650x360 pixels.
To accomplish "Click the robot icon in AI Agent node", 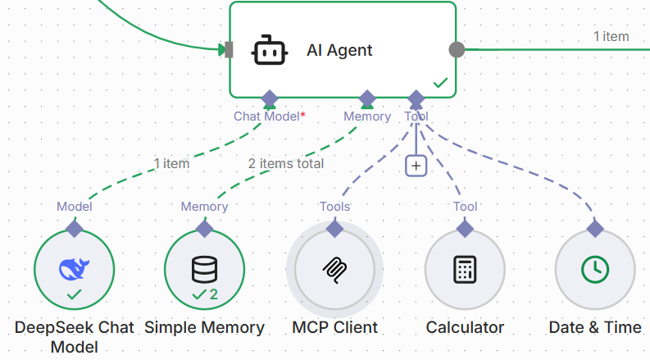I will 270,50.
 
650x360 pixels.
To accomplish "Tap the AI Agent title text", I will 339,50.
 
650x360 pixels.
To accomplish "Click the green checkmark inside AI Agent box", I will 440,83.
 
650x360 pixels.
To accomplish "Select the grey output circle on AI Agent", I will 457,49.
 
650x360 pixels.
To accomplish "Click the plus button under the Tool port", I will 416,166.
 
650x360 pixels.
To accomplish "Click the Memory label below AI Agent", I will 366,116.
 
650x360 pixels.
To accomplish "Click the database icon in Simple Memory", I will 204,267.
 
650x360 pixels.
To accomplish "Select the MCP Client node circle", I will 334,269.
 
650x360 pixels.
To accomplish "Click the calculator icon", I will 465,269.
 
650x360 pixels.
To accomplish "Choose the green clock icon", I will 594,269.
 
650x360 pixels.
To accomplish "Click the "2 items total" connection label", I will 286,163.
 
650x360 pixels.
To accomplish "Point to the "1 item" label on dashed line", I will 171,163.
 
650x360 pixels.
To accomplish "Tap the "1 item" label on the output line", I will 611,36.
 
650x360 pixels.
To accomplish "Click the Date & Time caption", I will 594,327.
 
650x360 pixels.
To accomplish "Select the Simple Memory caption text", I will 204,327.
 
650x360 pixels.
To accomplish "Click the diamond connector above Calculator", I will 465,228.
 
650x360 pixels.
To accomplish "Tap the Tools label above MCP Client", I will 334,207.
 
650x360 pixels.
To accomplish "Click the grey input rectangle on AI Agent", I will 229,50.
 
